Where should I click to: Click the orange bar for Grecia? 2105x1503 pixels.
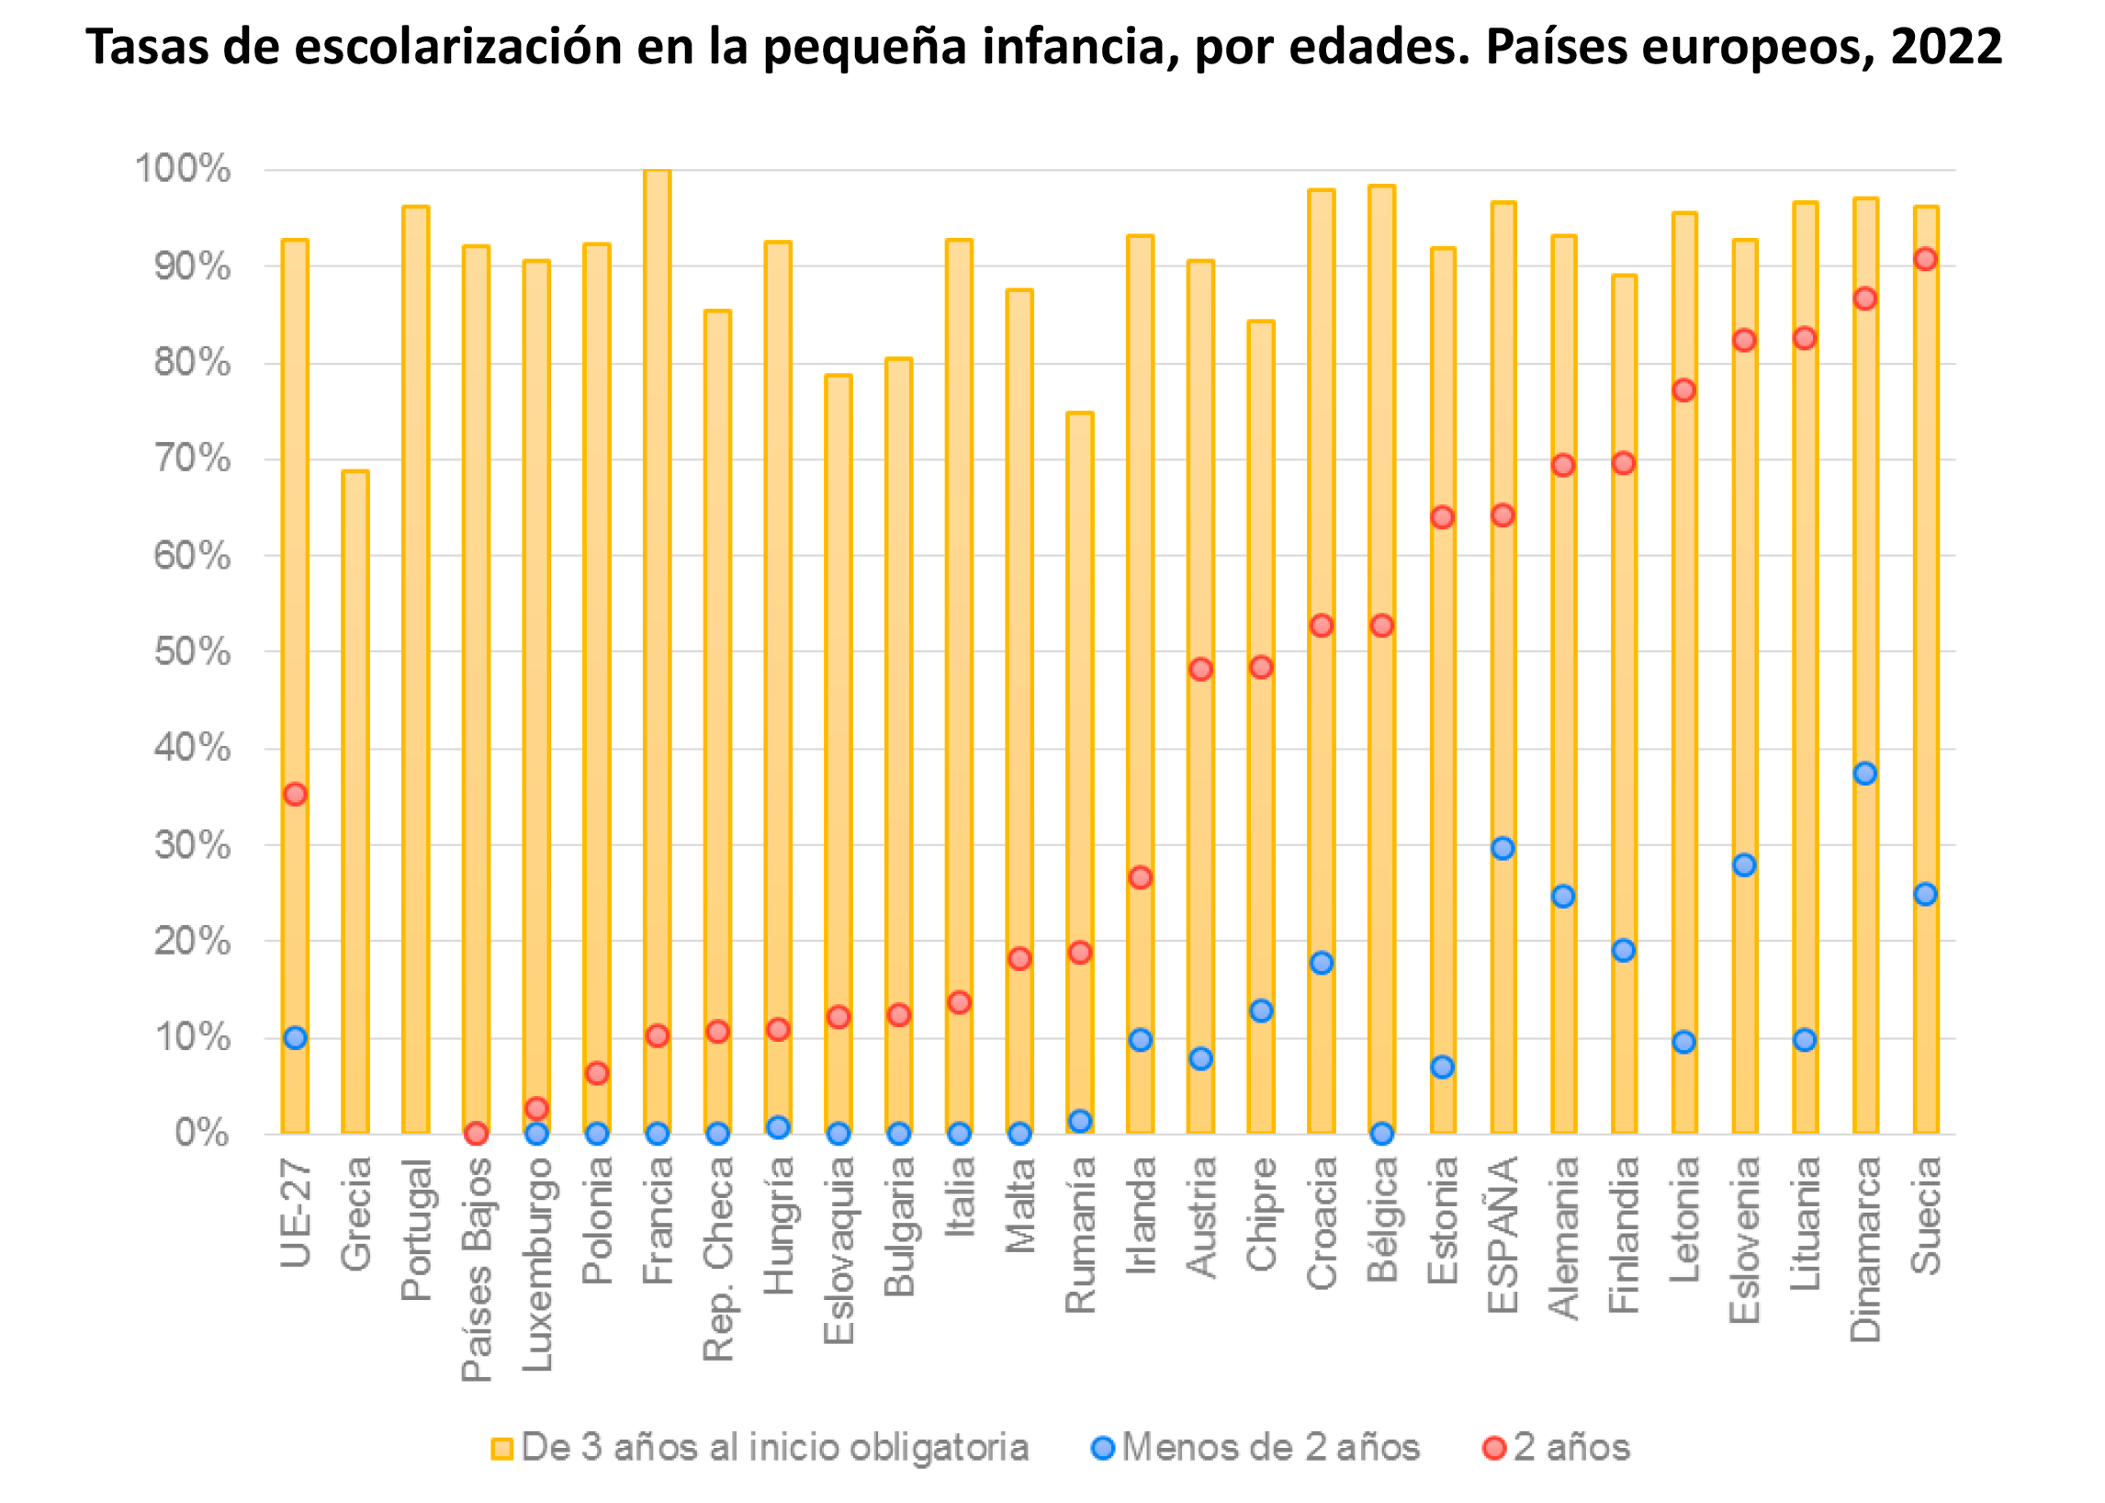[x=355, y=801]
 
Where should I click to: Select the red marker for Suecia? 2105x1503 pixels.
[x=1926, y=259]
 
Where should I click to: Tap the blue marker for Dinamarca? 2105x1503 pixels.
[x=1865, y=773]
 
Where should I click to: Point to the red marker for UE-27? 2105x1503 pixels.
[x=295, y=794]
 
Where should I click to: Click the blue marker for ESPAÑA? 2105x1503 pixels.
[x=1503, y=848]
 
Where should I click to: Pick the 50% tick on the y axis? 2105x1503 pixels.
[x=193, y=651]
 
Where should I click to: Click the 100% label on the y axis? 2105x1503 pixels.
[x=183, y=169]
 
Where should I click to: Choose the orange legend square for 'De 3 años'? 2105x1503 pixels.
[x=501, y=1449]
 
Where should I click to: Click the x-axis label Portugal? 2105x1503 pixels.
[x=416, y=1230]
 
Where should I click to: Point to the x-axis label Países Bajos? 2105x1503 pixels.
[x=477, y=1270]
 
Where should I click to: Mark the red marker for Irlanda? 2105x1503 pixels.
[x=1140, y=877]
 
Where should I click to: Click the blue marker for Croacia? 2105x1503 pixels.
[x=1322, y=963]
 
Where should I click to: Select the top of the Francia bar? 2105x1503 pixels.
[x=657, y=171]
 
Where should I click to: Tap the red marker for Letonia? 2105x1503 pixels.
[x=1684, y=390]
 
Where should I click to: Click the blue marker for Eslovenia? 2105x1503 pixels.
[x=1744, y=865]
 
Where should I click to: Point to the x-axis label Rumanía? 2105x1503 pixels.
[x=1080, y=1235]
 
